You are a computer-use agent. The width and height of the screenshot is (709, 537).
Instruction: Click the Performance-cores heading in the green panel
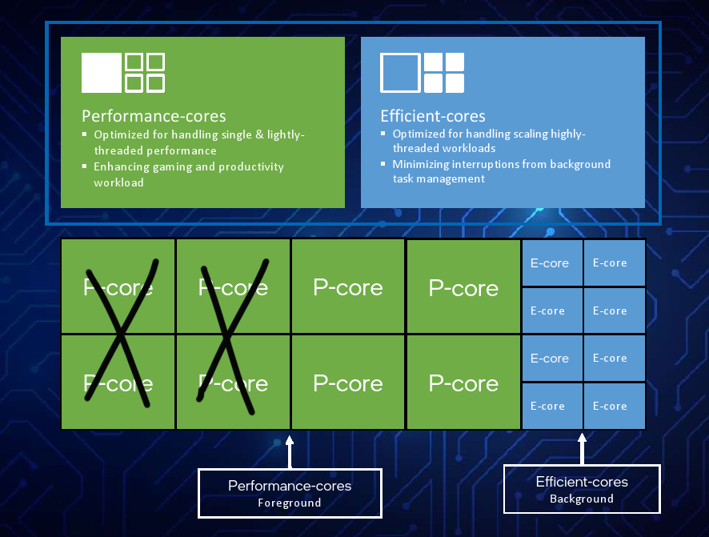click(154, 116)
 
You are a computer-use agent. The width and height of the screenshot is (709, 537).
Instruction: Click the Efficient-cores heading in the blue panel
click(433, 116)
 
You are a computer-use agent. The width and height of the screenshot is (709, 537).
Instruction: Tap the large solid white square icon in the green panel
click(102, 73)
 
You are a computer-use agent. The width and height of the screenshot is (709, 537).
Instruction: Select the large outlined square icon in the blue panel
click(400, 73)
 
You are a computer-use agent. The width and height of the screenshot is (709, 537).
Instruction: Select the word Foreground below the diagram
click(289, 503)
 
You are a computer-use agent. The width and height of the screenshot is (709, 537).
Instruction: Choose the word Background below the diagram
click(582, 499)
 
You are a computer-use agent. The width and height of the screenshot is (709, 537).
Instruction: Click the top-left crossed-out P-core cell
click(118, 287)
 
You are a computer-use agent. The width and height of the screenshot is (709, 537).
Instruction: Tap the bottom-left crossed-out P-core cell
click(118, 383)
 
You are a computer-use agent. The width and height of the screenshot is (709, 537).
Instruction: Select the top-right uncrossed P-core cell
click(464, 287)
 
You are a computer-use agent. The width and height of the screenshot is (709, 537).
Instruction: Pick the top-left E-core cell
click(552, 263)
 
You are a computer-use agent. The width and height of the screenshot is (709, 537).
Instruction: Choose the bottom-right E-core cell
click(614, 407)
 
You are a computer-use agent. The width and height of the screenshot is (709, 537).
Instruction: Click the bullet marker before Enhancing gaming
click(85, 166)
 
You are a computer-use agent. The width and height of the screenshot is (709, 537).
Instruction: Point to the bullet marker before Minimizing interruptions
click(383, 163)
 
